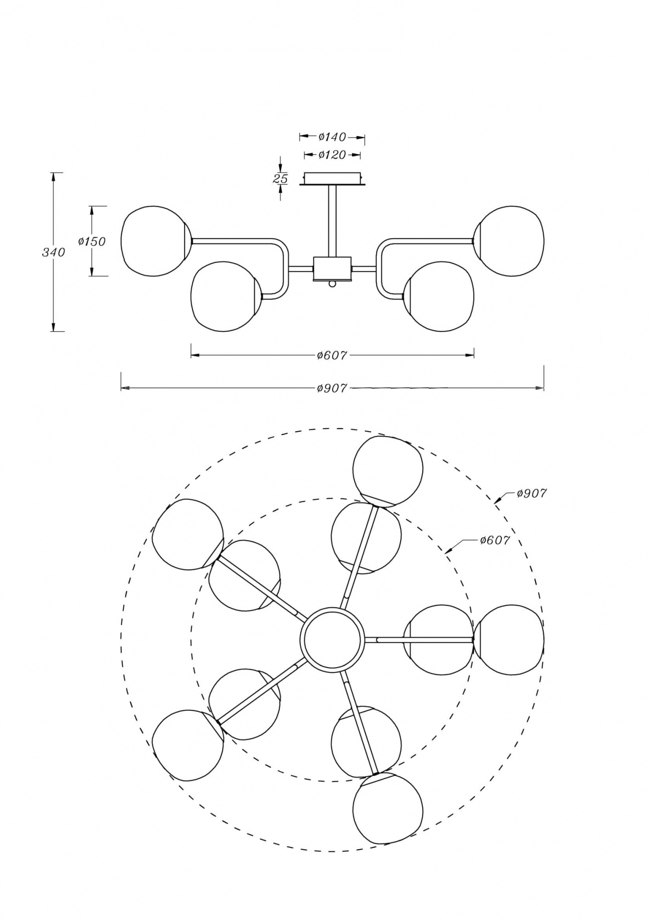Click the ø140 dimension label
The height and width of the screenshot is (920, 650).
(332, 137)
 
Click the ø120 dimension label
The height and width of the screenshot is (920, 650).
(332, 155)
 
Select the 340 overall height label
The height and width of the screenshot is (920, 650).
(53, 252)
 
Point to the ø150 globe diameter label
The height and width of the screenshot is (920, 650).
(92, 241)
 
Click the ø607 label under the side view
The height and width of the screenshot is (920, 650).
(332, 355)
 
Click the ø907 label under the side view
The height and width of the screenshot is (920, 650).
(332, 388)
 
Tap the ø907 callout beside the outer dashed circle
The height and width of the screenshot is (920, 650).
(531, 494)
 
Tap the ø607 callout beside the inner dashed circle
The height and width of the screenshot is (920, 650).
(495, 540)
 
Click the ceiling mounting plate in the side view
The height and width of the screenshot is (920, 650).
(333, 178)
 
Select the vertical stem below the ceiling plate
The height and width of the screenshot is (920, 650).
(332, 221)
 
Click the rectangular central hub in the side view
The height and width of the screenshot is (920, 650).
(332, 269)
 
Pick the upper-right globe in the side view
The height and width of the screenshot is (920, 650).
(510, 241)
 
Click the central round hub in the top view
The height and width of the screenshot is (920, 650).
(332, 639)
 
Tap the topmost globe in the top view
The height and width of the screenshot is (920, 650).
(387, 471)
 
